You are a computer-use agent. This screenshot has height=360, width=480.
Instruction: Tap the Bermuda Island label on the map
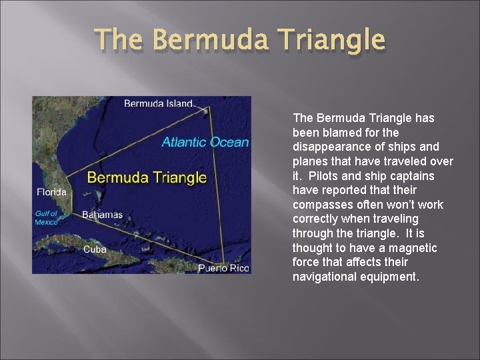coord(158,103)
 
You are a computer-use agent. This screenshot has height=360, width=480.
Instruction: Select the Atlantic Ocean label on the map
coord(205,142)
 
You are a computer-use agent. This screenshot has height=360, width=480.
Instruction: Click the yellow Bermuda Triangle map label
coord(147,177)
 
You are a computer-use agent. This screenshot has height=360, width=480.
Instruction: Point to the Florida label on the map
coord(51,192)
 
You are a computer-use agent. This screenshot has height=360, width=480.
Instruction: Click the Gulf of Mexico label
coord(47,217)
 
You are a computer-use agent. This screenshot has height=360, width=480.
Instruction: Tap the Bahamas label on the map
coord(102,215)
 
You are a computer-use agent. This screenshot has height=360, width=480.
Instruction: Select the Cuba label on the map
coord(95,249)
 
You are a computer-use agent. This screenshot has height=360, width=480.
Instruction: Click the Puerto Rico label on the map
coord(224,268)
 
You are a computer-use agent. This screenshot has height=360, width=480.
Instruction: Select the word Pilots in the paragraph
coord(320,176)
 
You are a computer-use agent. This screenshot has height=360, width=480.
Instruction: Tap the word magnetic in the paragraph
coord(414,248)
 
